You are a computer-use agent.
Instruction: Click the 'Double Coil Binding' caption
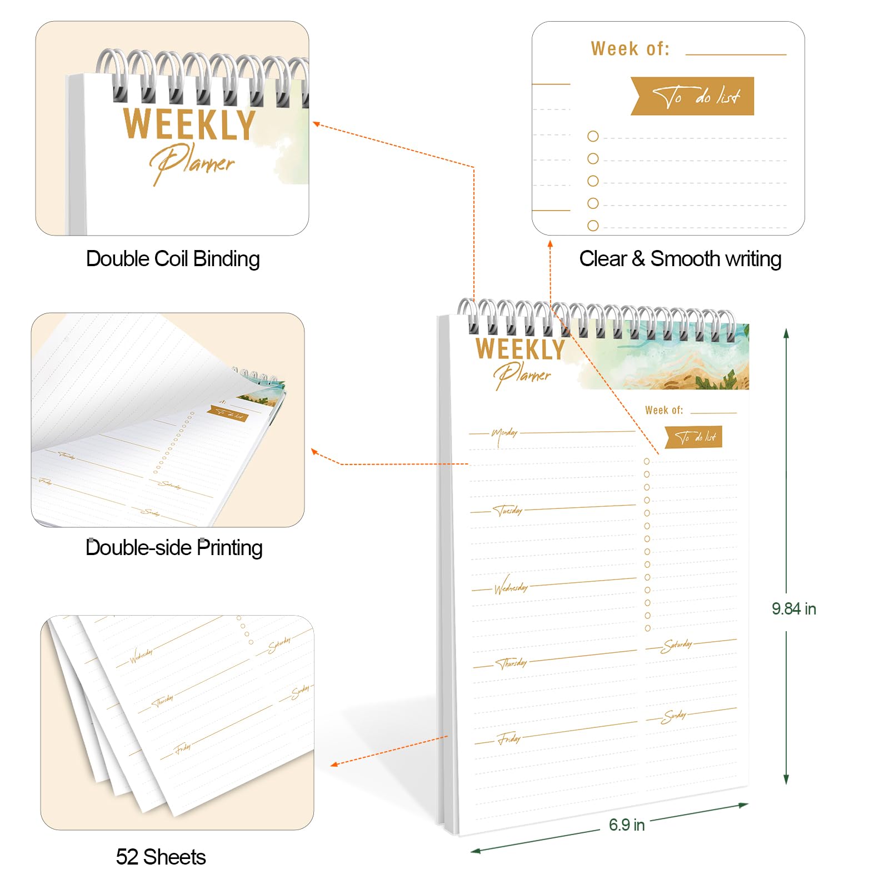click(173, 259)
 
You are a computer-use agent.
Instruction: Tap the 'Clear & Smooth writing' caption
click(680, 259)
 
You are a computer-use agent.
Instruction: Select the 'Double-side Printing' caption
click(174, 548)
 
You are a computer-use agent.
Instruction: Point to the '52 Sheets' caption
click(161, 857)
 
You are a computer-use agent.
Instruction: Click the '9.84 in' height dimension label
click(793, 609)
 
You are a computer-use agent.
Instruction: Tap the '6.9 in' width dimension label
click(626, 825)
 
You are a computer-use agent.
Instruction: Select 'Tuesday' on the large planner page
click(508, 510)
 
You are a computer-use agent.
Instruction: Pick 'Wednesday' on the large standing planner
click(511, 587)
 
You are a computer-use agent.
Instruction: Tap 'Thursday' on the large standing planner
click(512, 663)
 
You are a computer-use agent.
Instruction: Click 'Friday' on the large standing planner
click(510, 739)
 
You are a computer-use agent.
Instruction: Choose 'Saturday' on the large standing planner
click(677, 645)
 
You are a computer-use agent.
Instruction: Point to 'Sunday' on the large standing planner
click(675, 716)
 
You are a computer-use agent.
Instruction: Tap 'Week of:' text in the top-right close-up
click(630, 49)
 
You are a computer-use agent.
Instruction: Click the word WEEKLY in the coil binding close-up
click(189, 124)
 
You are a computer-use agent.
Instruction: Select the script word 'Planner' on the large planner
click(522, 375)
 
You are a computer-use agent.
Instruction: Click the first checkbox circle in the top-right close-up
click(593, 136)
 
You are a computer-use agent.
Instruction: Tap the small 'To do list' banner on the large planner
click(695, 437)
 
